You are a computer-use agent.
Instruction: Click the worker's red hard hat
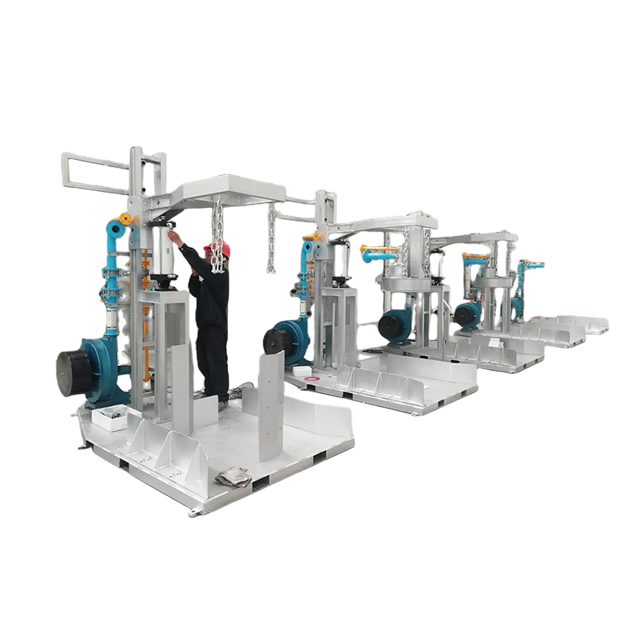(221, 249)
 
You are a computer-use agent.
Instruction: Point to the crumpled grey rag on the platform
(234, 476)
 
